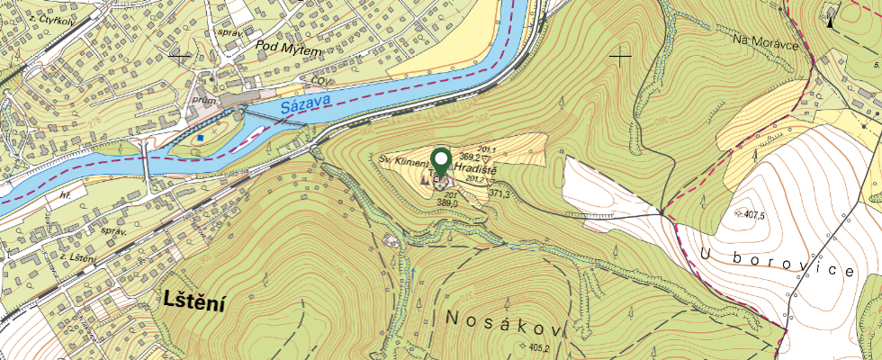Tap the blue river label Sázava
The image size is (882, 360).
pyautogui.click(x=305, y=103)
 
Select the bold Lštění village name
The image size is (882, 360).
pyautogui.click(x=194, y=303)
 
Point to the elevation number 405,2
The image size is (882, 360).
pyautogui.click(x=540, y=348)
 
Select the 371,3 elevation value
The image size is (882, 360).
pyautogui.click(x=500, y=193)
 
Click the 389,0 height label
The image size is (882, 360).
pyautogui.click(x=448, y=204)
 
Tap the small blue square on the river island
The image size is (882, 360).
pyautogui.click(x=202, y=138)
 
